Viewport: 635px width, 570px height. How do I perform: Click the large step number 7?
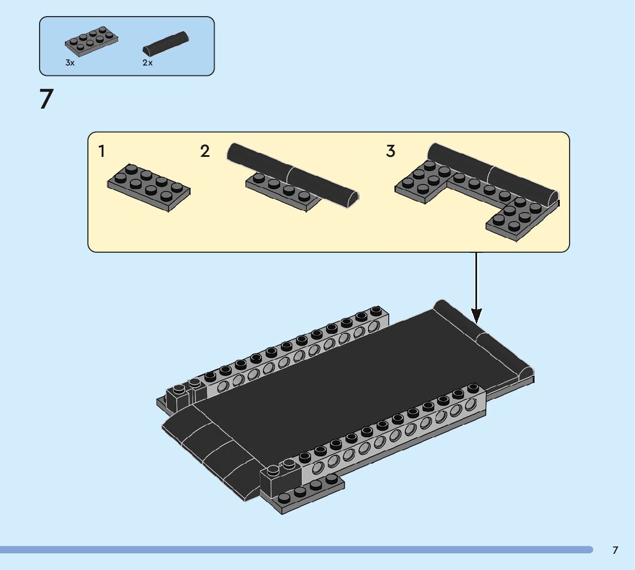click(46, 99)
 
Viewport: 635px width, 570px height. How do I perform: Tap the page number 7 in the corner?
click(615, 550)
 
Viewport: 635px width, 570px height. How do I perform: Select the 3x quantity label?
click(69, 63)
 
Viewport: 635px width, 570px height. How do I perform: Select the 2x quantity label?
click(148, 63)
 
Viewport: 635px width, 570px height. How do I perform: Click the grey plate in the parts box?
click(92, 41)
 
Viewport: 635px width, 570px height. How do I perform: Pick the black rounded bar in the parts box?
click(167, 43)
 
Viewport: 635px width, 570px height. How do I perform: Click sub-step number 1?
click(102, 152)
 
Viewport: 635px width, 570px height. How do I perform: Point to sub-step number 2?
click(205, 152)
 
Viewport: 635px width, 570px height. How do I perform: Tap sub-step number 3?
click(390, 152)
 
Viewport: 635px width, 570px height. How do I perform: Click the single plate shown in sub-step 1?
click(149, 187)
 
